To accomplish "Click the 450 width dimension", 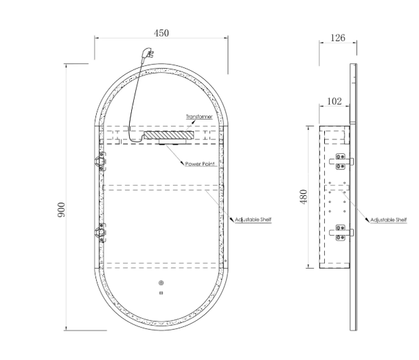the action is pos(161,33).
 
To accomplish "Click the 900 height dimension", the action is pos(61,210).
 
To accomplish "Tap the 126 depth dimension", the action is pos(338,38).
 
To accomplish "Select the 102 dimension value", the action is pos(335,101).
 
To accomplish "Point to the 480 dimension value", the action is pos(304,197).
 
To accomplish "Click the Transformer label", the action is pos(199,117).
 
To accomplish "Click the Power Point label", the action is pos(200,164).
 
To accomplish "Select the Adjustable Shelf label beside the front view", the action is pos(253,220).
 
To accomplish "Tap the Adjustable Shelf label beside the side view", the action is pos(388,220).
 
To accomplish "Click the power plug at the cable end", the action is pos(147,54).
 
